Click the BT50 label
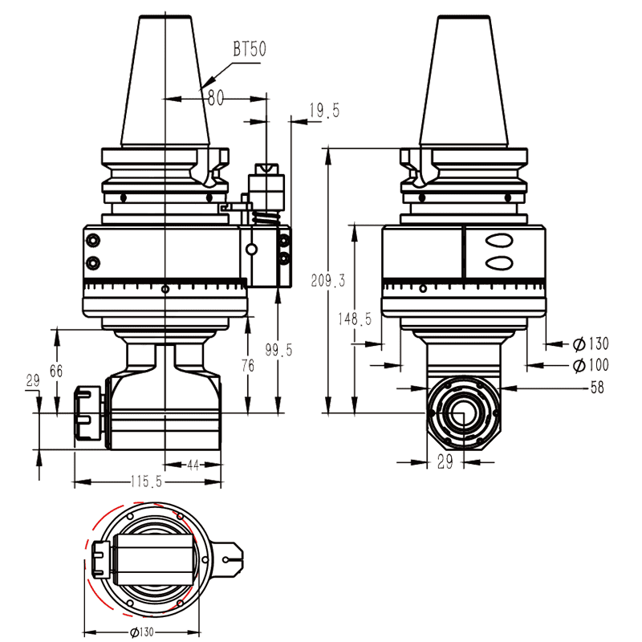[250, 49]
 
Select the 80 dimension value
[215, 98]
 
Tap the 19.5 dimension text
[324, 111]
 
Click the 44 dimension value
[193, 465]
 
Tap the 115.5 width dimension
[147, 482]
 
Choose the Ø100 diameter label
[591, 366]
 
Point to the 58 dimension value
[596, 388]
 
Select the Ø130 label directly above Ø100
[591, 344]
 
